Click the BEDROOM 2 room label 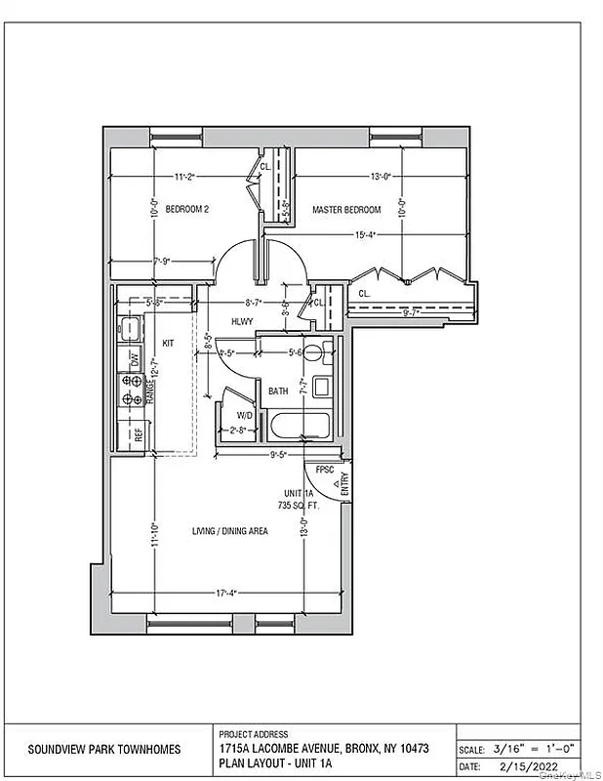(187, 209)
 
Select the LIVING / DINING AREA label (230, 530)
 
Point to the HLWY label (242, 321)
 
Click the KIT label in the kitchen (167, 343)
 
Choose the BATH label (279, 390)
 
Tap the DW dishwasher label (135, 358)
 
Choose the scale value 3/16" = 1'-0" (531, 749)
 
